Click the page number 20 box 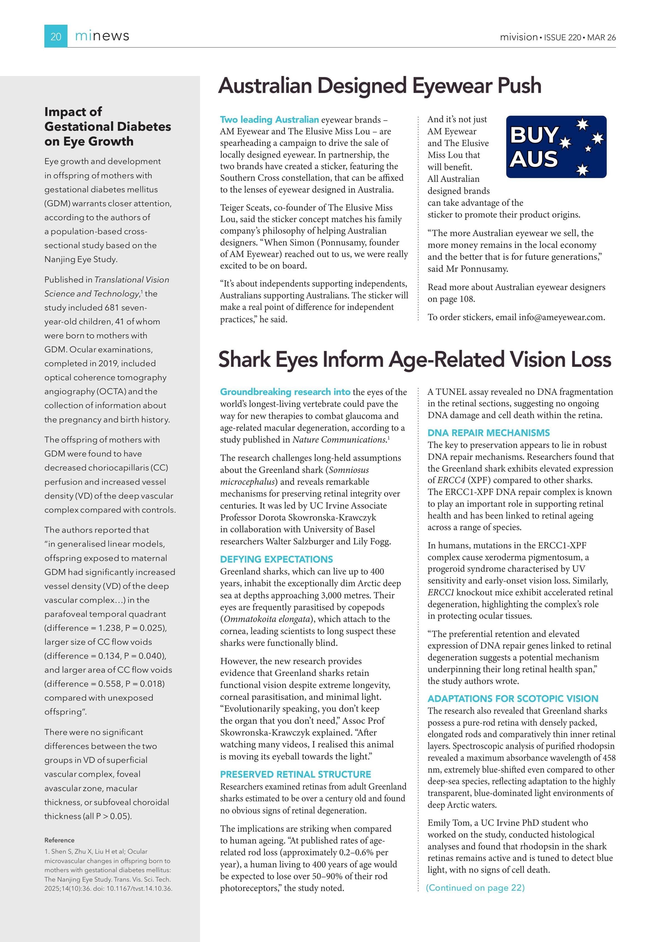click(x=56, y=36)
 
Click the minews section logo click(x=102, y=36)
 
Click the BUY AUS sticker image click(x=556, y=147)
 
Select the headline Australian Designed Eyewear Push click(x=380, y=86)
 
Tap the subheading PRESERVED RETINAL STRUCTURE click(x=295, y=774)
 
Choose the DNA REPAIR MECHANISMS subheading click(x=488, y=433)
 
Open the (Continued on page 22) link click(x=475, y=888)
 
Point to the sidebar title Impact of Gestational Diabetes click(x=107, y=126)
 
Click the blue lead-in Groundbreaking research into click(x=285, y=392)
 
